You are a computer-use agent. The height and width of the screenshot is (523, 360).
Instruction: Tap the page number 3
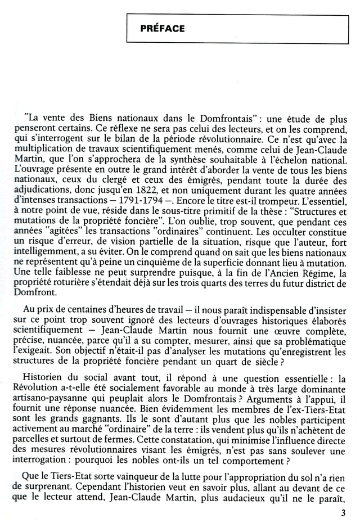[x=343, y=512]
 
